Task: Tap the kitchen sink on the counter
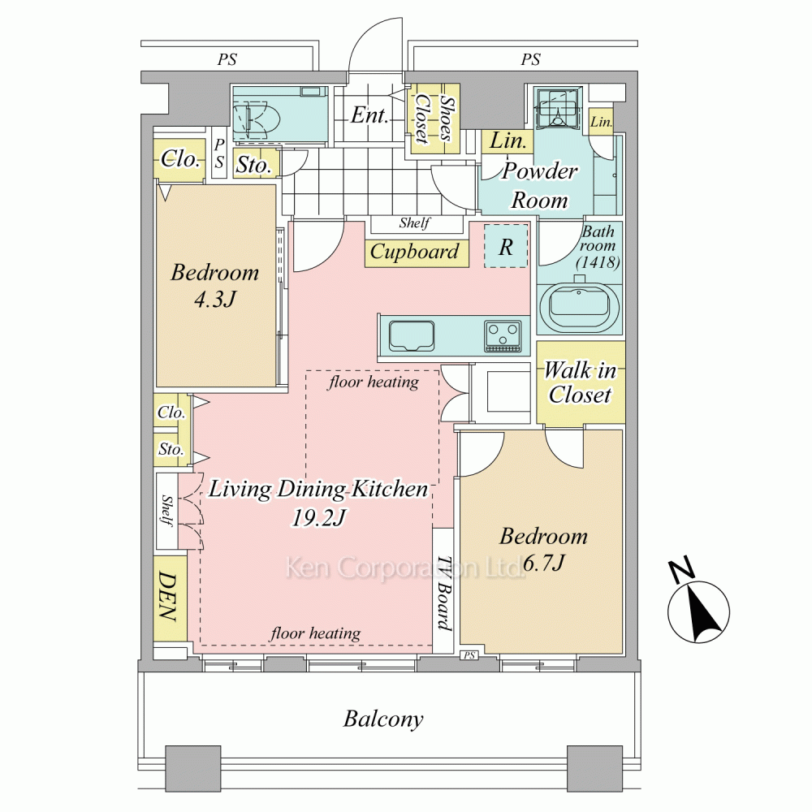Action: pos(412,336)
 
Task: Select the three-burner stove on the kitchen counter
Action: pos(503,336)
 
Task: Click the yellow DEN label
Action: pos(168,596)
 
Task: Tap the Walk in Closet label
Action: pos(580,382)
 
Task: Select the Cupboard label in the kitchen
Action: pos(414,253)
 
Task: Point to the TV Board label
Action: pos(444,594)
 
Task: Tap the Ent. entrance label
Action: pos(369,115)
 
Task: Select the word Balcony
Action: pos(383,719)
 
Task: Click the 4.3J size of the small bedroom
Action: pos(215,299)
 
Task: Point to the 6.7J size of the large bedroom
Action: pos(543,563)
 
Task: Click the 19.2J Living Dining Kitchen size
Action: pos(319,517)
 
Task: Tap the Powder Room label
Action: pos(540,185)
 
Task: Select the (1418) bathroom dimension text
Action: pos(598,262)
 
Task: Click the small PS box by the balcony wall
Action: pos(469,655)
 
